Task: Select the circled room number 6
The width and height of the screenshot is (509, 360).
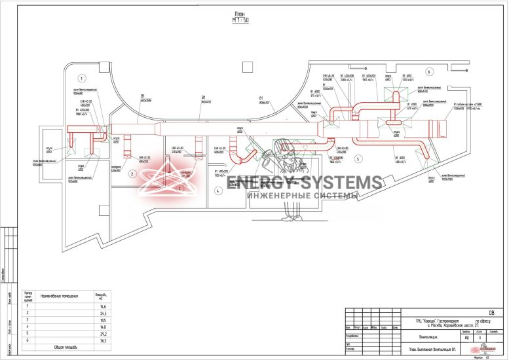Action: coord(430,71)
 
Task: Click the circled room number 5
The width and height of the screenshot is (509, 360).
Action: coord(358,158)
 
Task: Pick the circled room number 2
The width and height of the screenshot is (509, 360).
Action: coord(132,173)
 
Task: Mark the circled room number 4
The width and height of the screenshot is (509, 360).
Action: coord(217,191)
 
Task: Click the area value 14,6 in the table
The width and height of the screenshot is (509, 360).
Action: coord(101,306)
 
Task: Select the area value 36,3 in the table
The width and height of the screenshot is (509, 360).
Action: coord(101,340)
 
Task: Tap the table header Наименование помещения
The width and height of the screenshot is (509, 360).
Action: coord(60,297)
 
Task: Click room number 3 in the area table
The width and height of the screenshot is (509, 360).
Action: coord(28,320)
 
